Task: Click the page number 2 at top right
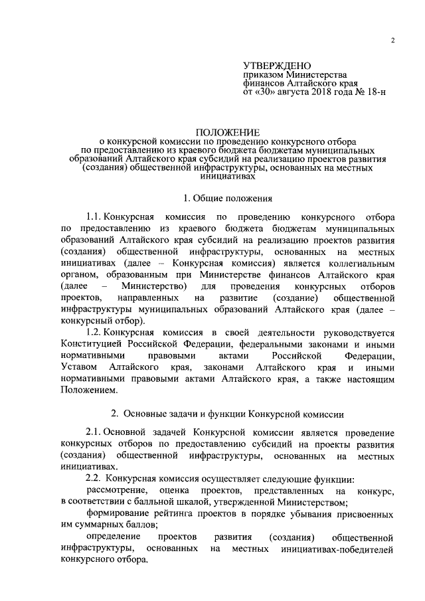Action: (392, 41)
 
